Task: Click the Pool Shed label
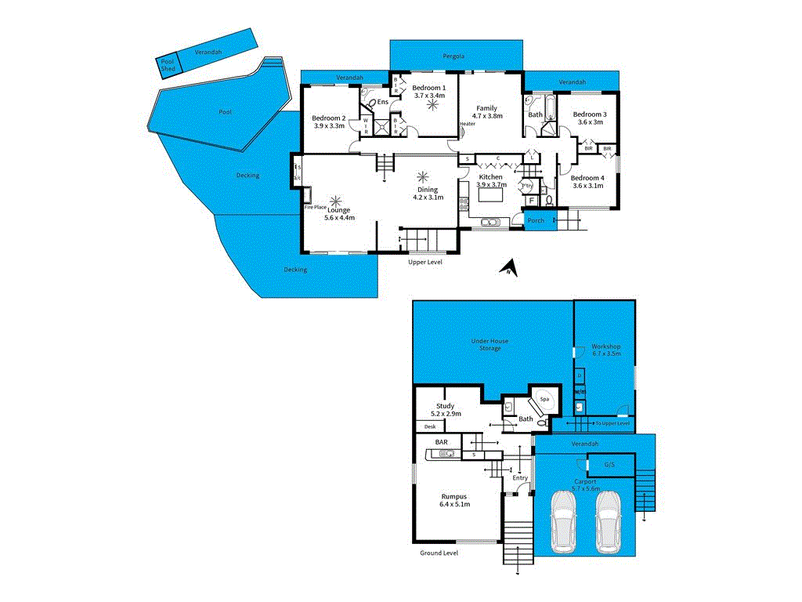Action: coord(167,65)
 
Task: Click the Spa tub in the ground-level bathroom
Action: coord(545,400)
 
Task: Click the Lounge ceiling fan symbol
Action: coord(338,201)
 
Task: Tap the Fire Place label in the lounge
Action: coord(315,207)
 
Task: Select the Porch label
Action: coord(536,220)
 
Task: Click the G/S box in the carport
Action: coord(610,464)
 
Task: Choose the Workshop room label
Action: coord(606,346)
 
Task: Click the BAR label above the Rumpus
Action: coord(442,443)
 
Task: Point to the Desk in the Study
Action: coord(430,426)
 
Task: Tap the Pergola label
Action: coord(453,56)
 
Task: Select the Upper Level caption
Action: coord(425,262)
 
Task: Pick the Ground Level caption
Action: coord(439,553)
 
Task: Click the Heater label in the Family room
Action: coord(468,124)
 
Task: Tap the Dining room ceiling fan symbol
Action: coord(424,176)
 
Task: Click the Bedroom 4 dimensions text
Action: coord(588,186)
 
